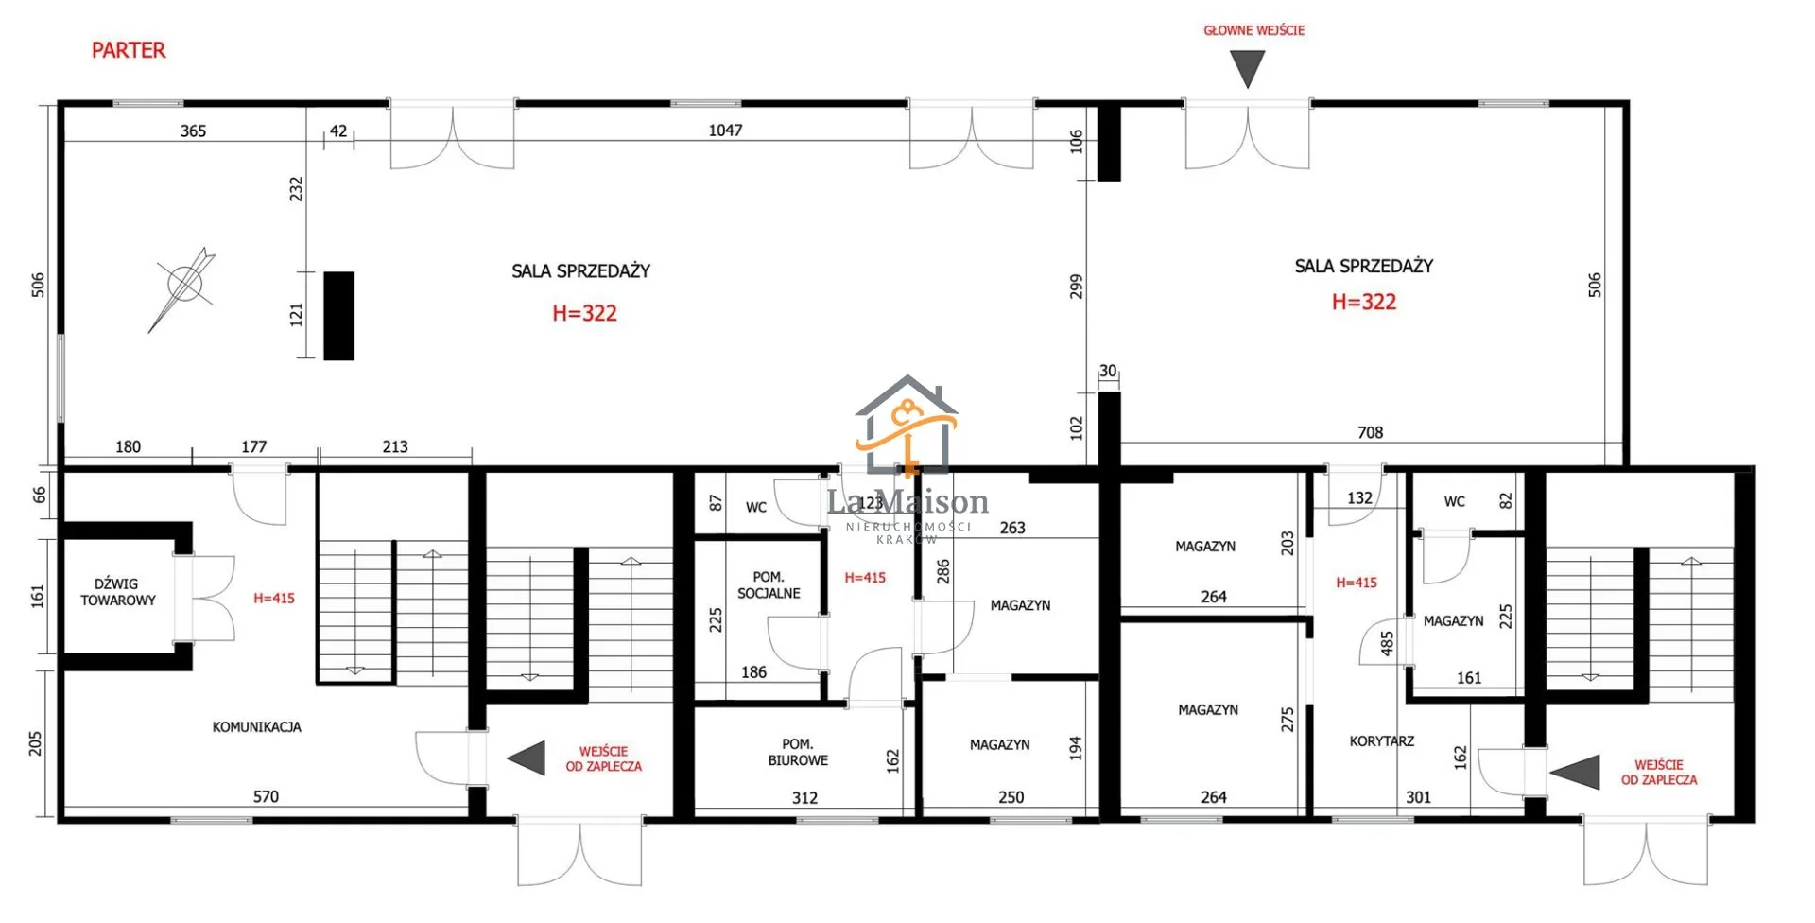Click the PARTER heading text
[x=129, y=50]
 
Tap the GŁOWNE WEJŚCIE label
[x=1253, y=30]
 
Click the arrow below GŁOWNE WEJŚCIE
[x=1248, y=69]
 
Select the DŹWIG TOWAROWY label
[x=118, y=592]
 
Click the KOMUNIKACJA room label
[x=256, y=727]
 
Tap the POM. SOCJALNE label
[x=769, y=585]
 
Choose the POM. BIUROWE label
[x=798, y=752]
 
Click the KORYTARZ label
[x=1381, y=741]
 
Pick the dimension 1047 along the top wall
[x=725, y=131]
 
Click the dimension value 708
[x=1370, y=433]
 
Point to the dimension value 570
[x=266, y=797]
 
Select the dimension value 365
[x=193, y=131]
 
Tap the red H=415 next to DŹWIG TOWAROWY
[x=274, y=599]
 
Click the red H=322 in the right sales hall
[x=1363, y=302]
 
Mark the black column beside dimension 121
[x=338, y=316]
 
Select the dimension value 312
[x=804, y=798]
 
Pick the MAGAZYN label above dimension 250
[x=999, y=745]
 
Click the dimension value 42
[x=338, y=131]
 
